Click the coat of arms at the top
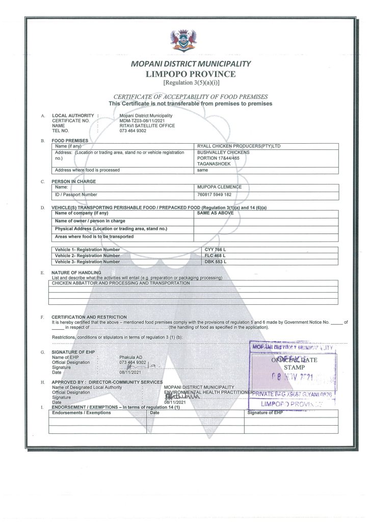point(184,40)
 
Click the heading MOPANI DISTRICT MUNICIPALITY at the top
point(184,64)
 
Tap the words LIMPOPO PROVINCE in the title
point(184,74)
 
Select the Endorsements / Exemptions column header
point(74,413)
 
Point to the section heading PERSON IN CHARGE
point(73,181)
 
